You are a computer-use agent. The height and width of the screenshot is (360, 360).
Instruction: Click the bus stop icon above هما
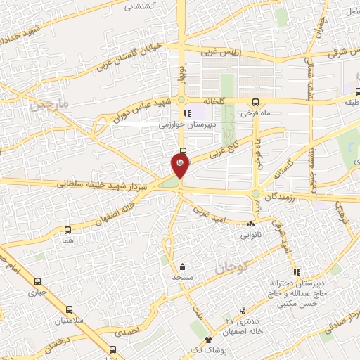pyautogui.click(x=67, y=230)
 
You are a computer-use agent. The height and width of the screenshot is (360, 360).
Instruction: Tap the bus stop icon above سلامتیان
pyautogui.click(x=69, y=309)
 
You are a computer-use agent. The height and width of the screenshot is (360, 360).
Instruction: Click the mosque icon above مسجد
pyautogui.click(x=183, y=266)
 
